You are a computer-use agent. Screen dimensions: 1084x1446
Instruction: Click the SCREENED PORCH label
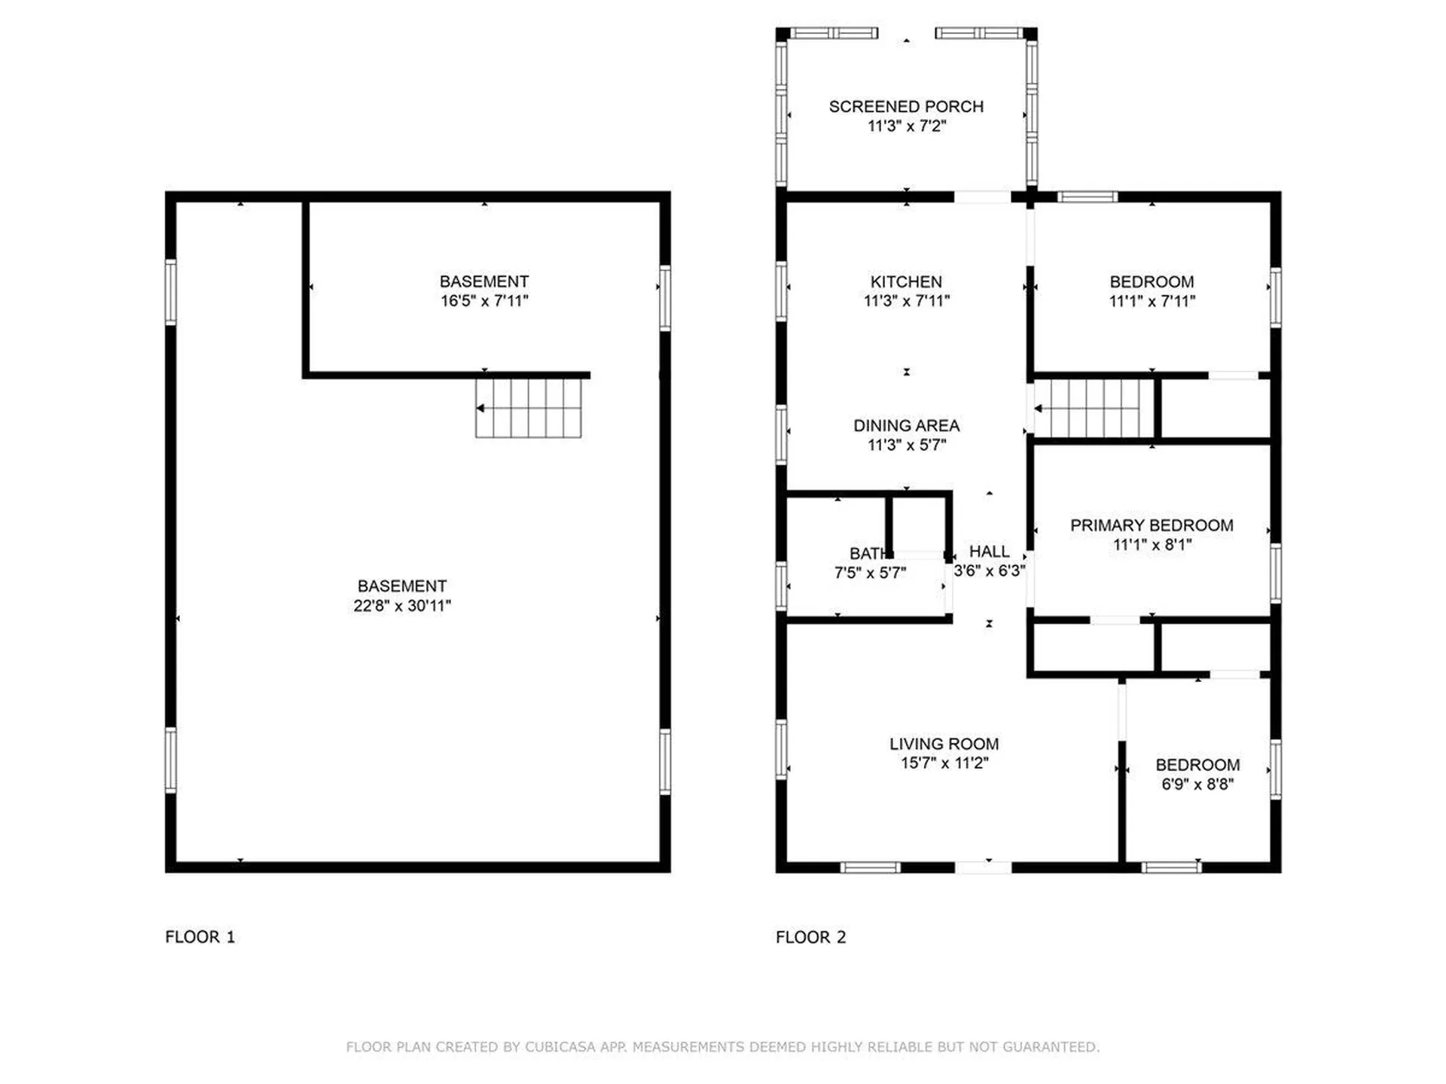click(x=906, y=107)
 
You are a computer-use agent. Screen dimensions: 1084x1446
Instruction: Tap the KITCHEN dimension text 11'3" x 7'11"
click(x=906, y=301)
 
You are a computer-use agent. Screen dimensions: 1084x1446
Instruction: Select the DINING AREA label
click(x=906, y=425)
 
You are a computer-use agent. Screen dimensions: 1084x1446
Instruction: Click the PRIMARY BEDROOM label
click(x=1152, y=525)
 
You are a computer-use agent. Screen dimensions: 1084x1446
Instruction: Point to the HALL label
click(x=989, y=552)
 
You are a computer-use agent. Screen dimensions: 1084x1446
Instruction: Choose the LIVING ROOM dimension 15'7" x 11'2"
click(x=944, y=763)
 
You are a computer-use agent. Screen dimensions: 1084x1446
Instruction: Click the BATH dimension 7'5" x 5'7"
click(x=870, y=573)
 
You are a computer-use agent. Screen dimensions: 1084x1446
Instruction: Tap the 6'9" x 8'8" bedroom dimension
click(x=1197, y=784)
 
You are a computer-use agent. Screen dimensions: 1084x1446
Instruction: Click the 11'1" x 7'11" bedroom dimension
click(x=1152, y=301)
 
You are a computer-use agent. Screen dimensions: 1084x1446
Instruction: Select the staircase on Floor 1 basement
click(x=529, y=408)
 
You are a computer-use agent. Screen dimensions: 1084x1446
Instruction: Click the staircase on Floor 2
click(x=1094, y=408)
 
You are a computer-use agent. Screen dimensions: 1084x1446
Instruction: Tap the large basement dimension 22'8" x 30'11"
click(x=402, y=605)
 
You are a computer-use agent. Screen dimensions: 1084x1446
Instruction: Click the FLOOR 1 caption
click(x=200, y=937)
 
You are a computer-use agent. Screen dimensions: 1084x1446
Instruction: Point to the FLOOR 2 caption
click(x=811, y=937)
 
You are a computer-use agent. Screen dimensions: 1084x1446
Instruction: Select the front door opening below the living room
click(x=983, y=868)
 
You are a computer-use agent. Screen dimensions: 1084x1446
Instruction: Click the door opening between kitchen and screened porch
click(x=982, y=197)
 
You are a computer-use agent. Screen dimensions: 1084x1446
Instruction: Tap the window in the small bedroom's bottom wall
click(x=1171, y=868)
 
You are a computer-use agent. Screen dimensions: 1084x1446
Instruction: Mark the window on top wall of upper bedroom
click(x=1087, y=197)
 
